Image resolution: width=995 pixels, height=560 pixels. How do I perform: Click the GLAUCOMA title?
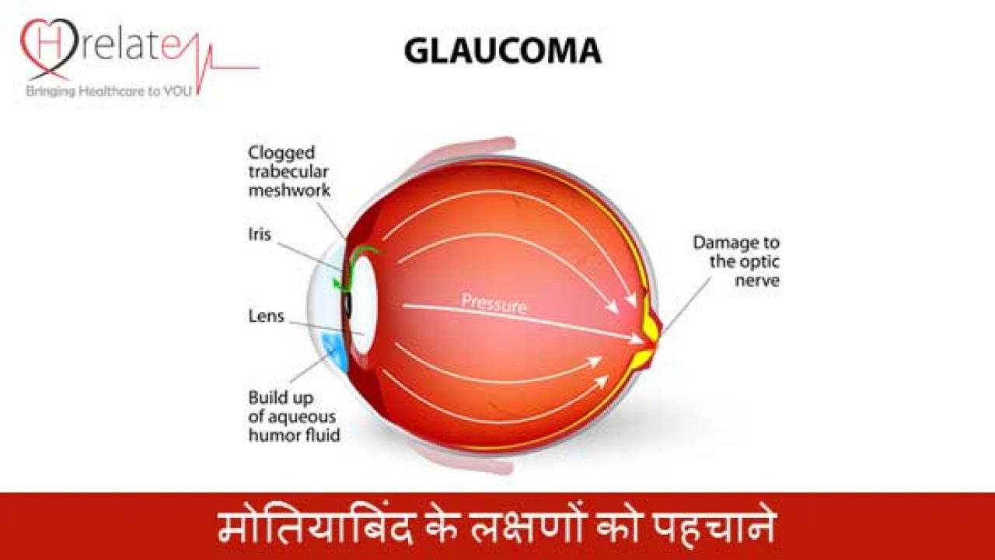502,51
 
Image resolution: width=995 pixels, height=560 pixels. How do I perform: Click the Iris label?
260,233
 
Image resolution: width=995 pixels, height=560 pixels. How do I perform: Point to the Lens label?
266,317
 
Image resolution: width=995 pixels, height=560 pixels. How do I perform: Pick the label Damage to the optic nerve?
735,261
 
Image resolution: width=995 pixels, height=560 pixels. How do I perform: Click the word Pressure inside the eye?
494,303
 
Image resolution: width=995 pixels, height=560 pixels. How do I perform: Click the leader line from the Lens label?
326,327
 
